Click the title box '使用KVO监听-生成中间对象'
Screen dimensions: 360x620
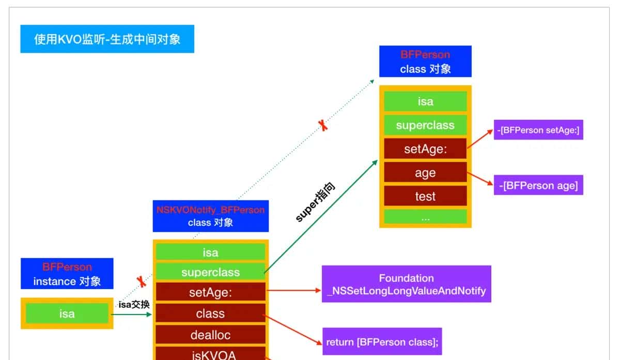click(107, 39)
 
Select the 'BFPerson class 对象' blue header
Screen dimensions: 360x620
click(425, 61)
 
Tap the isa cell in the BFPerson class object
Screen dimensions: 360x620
click(425, 102)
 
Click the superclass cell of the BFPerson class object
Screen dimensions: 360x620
click(425, 126)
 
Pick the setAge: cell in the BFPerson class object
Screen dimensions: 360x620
click(425, 149)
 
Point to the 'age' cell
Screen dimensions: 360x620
click(425, 173)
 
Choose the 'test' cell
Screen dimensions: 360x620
click(425, 196)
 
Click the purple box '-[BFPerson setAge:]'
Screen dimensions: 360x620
click(538, 130)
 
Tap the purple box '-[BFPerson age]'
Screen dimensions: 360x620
click(538, 185)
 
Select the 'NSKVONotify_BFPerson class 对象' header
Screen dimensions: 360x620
click(210, 216)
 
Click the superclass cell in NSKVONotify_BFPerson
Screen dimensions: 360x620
click(210, 272)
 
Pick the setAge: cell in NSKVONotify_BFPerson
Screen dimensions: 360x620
click(210, 293)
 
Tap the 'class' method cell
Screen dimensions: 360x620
click(210, 314)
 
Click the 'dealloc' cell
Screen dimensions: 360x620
click(210, 335)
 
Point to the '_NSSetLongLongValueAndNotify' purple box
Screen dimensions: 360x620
click(406, 285)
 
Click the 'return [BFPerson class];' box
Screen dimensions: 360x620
click(382, 342)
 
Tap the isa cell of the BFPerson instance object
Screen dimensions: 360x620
click(67, 314)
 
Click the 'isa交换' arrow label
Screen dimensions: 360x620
click(134, 304)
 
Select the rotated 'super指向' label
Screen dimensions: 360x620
click(315, 202)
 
